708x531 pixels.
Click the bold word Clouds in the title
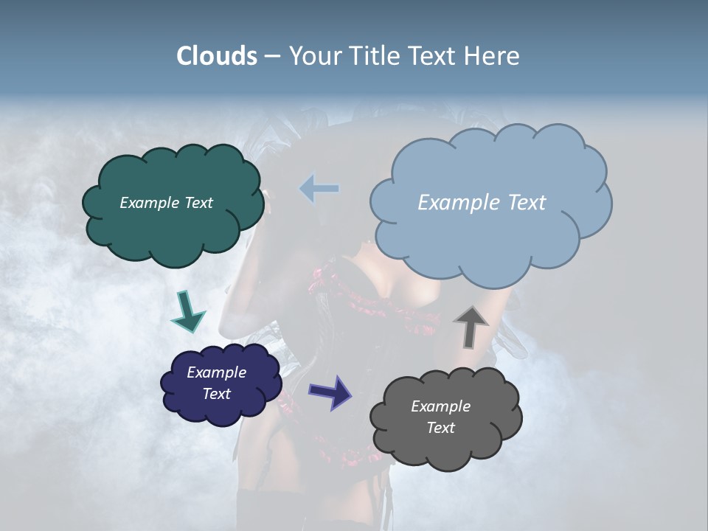point(216,56)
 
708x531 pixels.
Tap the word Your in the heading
point(314,56)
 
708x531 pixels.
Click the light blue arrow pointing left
point(319,189)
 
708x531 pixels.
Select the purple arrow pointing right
point(330,391)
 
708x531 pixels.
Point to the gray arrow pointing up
point(471,326)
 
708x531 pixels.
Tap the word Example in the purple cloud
point(216,372)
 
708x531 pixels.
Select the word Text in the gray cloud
point(440,428)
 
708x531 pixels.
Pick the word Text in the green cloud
point(198,203)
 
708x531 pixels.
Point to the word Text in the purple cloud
point(216,394)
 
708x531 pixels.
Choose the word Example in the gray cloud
point(440,406)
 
